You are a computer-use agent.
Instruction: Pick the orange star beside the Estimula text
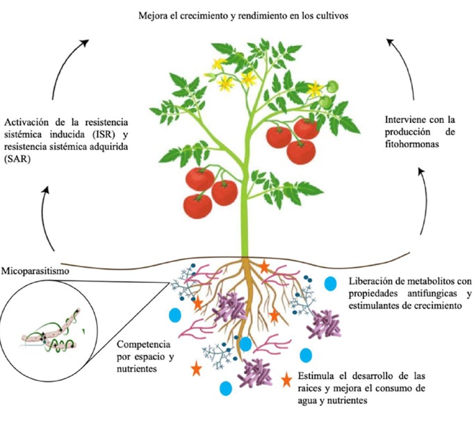286,380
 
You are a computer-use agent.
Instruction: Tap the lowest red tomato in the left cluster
198,205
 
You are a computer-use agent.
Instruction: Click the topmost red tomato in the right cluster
306,128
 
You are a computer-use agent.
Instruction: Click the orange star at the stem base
264,265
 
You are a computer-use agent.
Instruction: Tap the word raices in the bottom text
313,389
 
